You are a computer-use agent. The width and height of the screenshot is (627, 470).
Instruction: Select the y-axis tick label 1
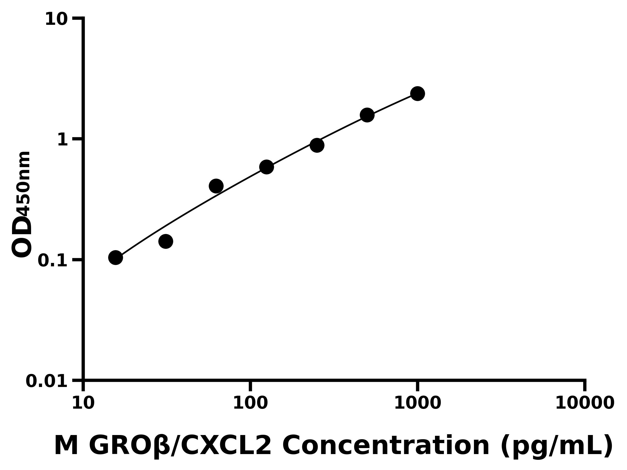tap(63, 140)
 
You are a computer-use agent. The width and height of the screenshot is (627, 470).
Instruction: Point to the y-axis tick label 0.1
tap(53, 261)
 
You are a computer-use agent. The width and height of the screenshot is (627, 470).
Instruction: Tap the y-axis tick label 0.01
tap(47, 381)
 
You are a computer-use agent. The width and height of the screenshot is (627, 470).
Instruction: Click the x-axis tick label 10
tap(83, 403)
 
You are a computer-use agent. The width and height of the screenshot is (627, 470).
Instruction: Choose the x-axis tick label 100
tap(250, 403)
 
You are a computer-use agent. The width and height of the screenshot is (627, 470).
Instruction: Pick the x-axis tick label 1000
tap(417, 403)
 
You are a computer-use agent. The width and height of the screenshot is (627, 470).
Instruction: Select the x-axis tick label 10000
tap(584, 403)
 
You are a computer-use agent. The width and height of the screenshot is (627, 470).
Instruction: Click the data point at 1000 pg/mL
tap(417, 93)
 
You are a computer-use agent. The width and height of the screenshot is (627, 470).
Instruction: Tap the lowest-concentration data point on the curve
tap(116, 257)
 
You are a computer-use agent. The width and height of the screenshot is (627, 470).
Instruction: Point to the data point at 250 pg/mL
tap(317, 145)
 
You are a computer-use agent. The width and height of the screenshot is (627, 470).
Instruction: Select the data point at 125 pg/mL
tap(266, 167)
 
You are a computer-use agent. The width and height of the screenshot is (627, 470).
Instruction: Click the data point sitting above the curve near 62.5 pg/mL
tap(216, 186)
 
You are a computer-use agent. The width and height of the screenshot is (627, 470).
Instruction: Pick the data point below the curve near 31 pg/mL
tap(166, 241)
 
